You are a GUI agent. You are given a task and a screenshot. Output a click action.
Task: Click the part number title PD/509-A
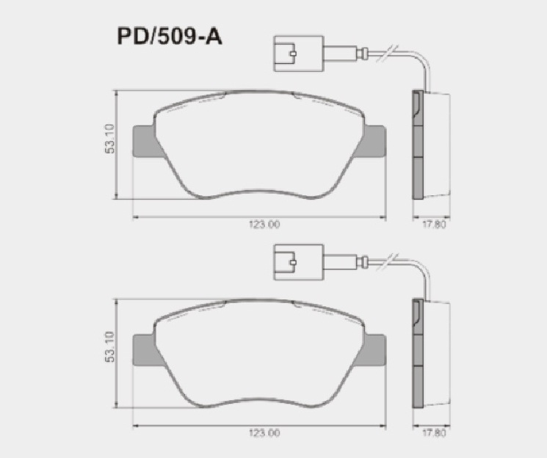pyautogui.click(x=169, y=37)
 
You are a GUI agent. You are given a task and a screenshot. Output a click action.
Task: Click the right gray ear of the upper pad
pyautogui.click(x=374, y=139)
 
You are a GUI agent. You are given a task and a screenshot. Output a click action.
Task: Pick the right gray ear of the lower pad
pyautogui.click(x=374, y=348)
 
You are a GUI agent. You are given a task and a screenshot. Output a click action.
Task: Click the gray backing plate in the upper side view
pyautogui.click(x=417, y=147)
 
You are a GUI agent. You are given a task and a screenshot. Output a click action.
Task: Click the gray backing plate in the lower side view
pyautogui.click(x=417, y=356)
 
